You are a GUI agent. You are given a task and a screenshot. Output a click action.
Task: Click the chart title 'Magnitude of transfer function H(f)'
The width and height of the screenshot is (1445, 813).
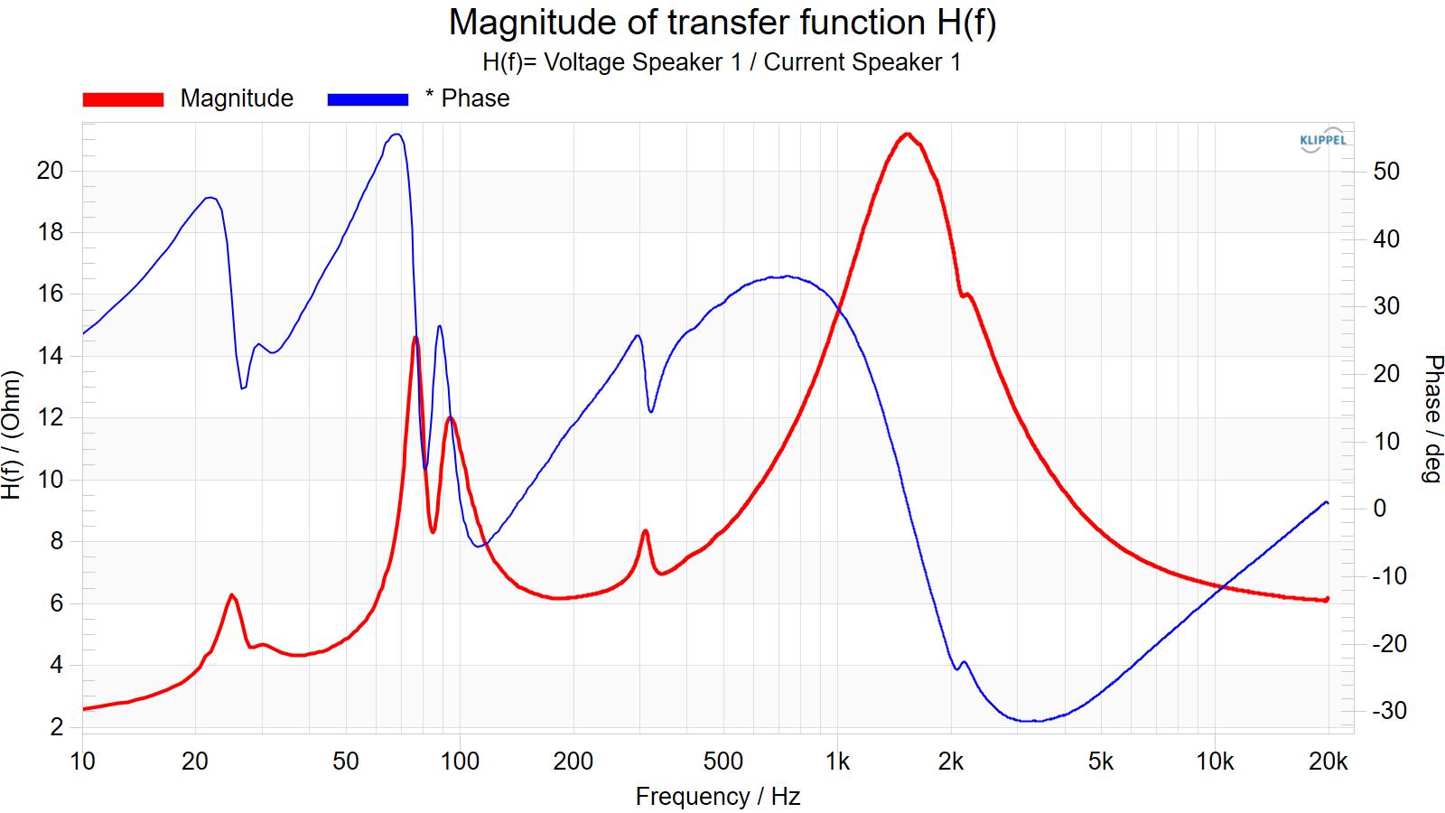click(x=722, y=23)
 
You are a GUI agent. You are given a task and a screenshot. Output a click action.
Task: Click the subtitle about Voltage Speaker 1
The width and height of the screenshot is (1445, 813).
click(x=722, y=62)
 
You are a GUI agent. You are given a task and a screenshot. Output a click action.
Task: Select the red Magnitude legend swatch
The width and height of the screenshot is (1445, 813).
click(x=123, y=99)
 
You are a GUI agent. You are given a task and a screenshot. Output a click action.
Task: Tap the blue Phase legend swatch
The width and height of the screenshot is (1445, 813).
click(x=368, y=99)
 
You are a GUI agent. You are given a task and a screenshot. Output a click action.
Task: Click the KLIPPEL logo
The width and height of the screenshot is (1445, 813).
click(x=1322, y=139)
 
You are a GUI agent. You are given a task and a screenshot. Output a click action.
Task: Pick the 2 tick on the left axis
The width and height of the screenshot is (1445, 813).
click(x=57, y=727)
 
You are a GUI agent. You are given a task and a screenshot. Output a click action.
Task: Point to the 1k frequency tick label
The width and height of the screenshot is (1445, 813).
click(x=837, y=762)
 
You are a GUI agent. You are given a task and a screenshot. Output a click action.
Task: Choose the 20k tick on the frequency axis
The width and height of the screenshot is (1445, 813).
click(x=1328, y=762)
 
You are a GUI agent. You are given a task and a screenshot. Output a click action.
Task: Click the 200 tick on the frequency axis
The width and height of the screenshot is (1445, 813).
click(x=573, y=762)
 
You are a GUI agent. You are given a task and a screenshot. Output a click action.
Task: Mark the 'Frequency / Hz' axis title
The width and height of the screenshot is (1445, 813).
click(x=717, y=796)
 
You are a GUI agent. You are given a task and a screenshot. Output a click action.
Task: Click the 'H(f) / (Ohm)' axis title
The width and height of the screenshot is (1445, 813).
click(x=12, y=435)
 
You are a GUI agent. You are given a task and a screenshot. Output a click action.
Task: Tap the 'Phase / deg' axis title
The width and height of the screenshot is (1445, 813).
click(x=1432, y=419)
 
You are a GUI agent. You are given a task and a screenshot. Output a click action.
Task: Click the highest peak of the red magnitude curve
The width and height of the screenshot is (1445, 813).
click(x=908, y=135)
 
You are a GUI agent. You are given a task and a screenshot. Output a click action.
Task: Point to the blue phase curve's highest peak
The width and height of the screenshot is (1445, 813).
click(x=396, y=135)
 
